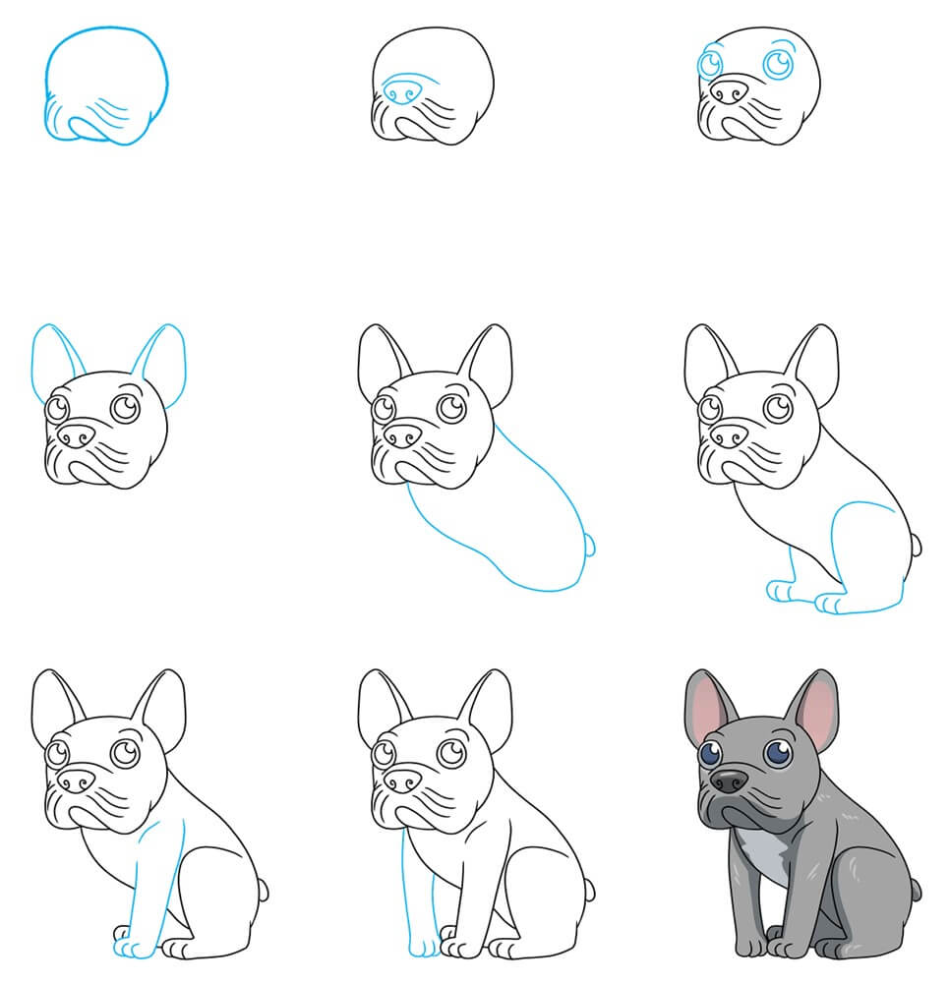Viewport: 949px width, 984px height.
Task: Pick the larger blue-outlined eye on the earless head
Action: coord(780,64)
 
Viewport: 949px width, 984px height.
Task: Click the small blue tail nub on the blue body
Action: coord(590,543)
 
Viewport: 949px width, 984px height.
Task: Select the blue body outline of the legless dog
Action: coord(502,521)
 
